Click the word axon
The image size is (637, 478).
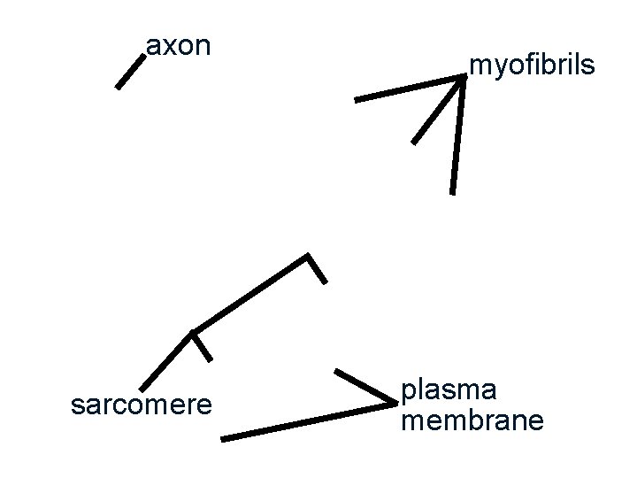tap(178, 45)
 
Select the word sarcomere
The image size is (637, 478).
tap(142, 405)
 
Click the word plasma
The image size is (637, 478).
tap(449, 389)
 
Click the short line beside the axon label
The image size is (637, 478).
tap(129, 71)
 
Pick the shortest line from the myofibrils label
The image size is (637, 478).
tap(438, 111)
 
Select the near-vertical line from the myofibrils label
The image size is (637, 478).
tap(457, 137)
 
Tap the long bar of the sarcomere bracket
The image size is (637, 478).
tap(249, 294)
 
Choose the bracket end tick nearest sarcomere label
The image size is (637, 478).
tap(202, 346)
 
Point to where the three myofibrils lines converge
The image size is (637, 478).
tap(464, 78)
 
